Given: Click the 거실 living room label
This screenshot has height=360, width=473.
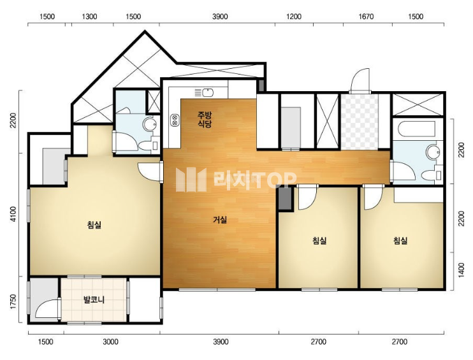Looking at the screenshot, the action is point(220,220).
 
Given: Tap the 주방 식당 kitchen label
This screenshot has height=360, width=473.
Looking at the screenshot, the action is point(205,119).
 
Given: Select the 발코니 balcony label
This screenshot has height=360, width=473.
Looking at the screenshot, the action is point(94,299).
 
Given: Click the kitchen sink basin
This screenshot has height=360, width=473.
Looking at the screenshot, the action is point(208,92).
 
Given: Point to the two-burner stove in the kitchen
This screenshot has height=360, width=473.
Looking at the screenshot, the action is point(175,120).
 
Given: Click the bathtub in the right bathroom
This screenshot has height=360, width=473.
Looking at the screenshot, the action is point(417,129).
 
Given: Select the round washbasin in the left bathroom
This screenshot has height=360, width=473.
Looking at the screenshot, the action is point(149,124).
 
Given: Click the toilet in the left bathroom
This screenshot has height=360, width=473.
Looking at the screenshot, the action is point(149,146).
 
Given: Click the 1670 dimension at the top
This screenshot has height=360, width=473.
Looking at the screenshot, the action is point(366,17).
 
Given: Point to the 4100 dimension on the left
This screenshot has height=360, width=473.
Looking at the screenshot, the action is point(13,214).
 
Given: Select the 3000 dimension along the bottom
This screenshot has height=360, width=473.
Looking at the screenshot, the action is point(110,342).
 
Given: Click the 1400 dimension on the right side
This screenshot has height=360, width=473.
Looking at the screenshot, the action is point(462,271).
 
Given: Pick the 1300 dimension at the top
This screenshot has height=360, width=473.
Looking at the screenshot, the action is point(90,17).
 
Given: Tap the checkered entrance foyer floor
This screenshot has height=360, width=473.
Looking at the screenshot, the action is point(360,122).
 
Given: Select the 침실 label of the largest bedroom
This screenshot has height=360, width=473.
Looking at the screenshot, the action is point(94,225).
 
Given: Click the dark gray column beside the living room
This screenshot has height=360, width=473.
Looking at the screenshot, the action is point(286,198).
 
